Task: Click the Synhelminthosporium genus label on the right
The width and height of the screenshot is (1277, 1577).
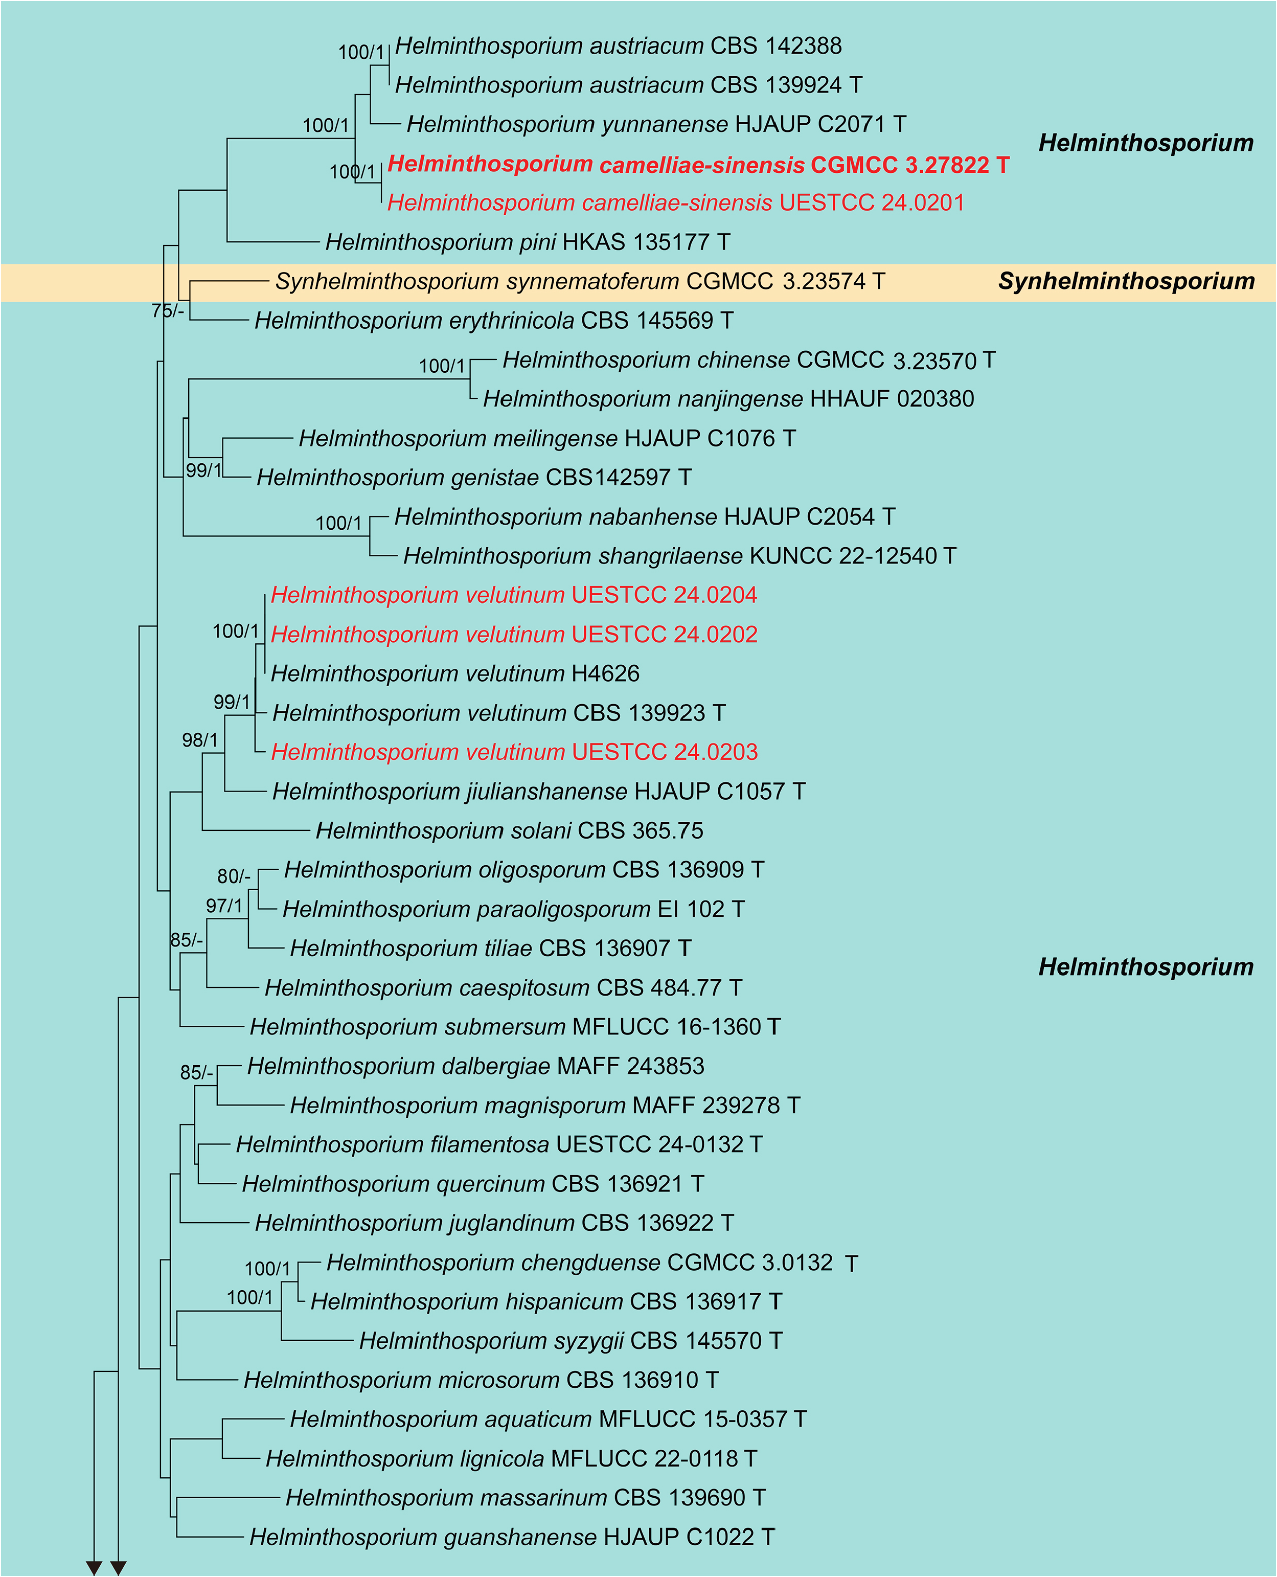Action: [x=1126, y=281]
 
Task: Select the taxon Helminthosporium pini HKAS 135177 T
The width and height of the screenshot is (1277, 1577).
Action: [x=528, y=242]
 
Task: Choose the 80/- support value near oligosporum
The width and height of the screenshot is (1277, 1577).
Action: [x=233, y=876]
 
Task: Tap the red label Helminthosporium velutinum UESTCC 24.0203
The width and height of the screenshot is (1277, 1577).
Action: [x=514, y=752]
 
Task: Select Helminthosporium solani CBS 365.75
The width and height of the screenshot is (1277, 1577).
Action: [x=509, y=831]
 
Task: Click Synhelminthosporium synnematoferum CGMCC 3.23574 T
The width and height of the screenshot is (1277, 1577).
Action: [x=580, y=281]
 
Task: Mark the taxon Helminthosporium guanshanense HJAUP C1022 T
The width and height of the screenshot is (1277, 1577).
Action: [x=512, y=1537]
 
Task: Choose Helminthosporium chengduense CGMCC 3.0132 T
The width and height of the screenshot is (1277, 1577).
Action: [x=591, y=1263]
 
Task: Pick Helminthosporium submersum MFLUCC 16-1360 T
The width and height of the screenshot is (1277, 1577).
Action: [x=515, y=1027]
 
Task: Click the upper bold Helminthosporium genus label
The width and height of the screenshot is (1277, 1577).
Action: [x=1145, y=143]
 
